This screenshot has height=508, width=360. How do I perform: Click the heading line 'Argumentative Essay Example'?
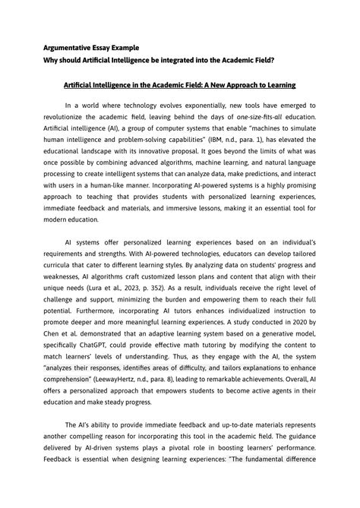90,48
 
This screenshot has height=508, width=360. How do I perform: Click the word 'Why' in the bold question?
52,59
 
